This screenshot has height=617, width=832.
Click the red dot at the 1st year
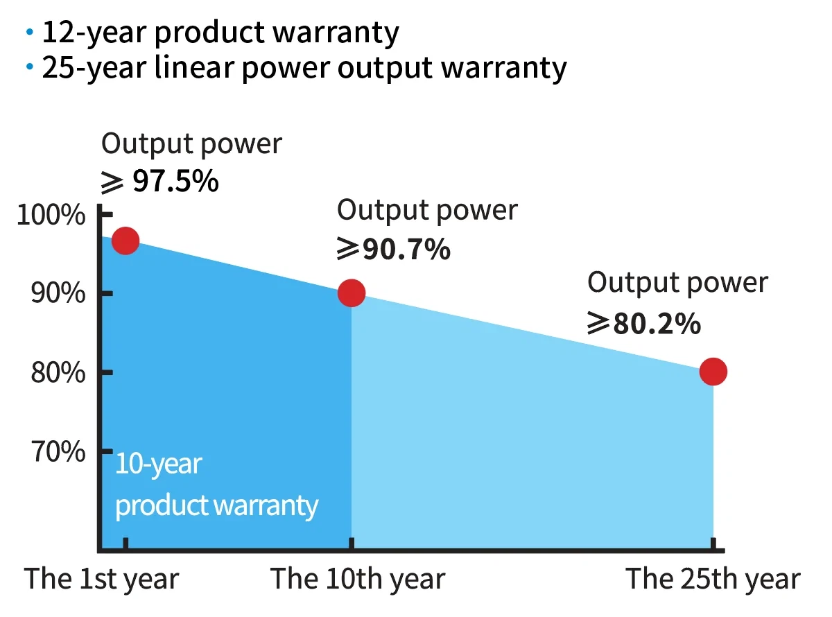tap(125, 241)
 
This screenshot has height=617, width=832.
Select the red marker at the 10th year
tap(352, 293)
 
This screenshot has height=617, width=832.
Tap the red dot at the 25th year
tap(713, 372)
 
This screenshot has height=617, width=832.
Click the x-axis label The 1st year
tap(102, 579)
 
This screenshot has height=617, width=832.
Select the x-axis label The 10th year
tap(358, 579)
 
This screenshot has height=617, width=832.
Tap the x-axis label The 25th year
tap(713, 579)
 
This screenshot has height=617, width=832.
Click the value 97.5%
tap(175, 181)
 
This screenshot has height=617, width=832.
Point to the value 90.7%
tap(406, 250)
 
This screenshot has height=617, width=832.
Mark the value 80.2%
tap(656, 323)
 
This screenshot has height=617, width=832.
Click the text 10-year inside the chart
tap(158, 464)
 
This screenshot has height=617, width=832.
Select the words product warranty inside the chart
tap(216, 505)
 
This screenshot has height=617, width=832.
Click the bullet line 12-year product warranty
tap(220, 33)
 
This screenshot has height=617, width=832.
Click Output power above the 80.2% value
tap(677, 283)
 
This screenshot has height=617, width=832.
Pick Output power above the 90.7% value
tap(427, 210)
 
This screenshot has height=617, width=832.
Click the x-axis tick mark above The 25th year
tap(713, 545)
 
